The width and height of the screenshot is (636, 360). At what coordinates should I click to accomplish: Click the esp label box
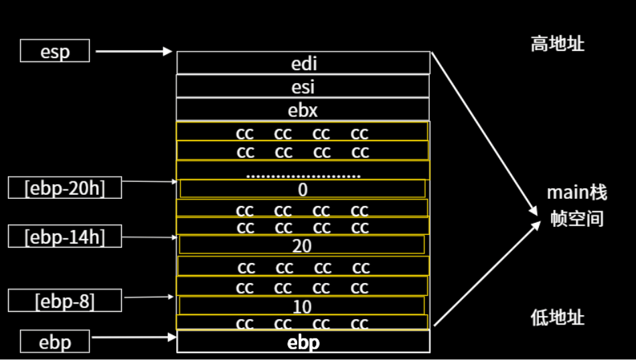55,51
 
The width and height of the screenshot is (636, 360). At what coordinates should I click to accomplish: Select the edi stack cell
303,63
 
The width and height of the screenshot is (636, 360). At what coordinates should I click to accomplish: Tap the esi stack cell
303,86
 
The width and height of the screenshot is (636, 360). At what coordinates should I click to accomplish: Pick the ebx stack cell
303,109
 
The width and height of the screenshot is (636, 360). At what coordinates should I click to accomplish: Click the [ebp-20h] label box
65,187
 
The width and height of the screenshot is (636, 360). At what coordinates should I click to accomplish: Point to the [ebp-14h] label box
65,236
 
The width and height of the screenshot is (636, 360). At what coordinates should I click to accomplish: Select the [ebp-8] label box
65,300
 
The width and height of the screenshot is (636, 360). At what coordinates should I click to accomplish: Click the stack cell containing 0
302,189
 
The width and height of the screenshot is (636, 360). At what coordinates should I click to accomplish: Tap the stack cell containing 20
302,246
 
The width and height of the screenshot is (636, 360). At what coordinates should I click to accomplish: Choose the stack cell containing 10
302,306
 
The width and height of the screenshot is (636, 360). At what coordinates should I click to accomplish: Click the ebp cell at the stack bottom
303,342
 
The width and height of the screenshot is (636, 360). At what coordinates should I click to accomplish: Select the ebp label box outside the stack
55,342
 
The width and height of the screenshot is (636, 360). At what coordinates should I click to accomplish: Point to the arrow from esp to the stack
134,51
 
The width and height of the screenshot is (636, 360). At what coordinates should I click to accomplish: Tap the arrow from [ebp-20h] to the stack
151,181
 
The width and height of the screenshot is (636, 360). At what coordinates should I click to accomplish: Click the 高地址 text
557,44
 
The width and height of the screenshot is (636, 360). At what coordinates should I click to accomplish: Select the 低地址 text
557,317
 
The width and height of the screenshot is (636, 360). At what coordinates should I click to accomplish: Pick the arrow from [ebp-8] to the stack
151,296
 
